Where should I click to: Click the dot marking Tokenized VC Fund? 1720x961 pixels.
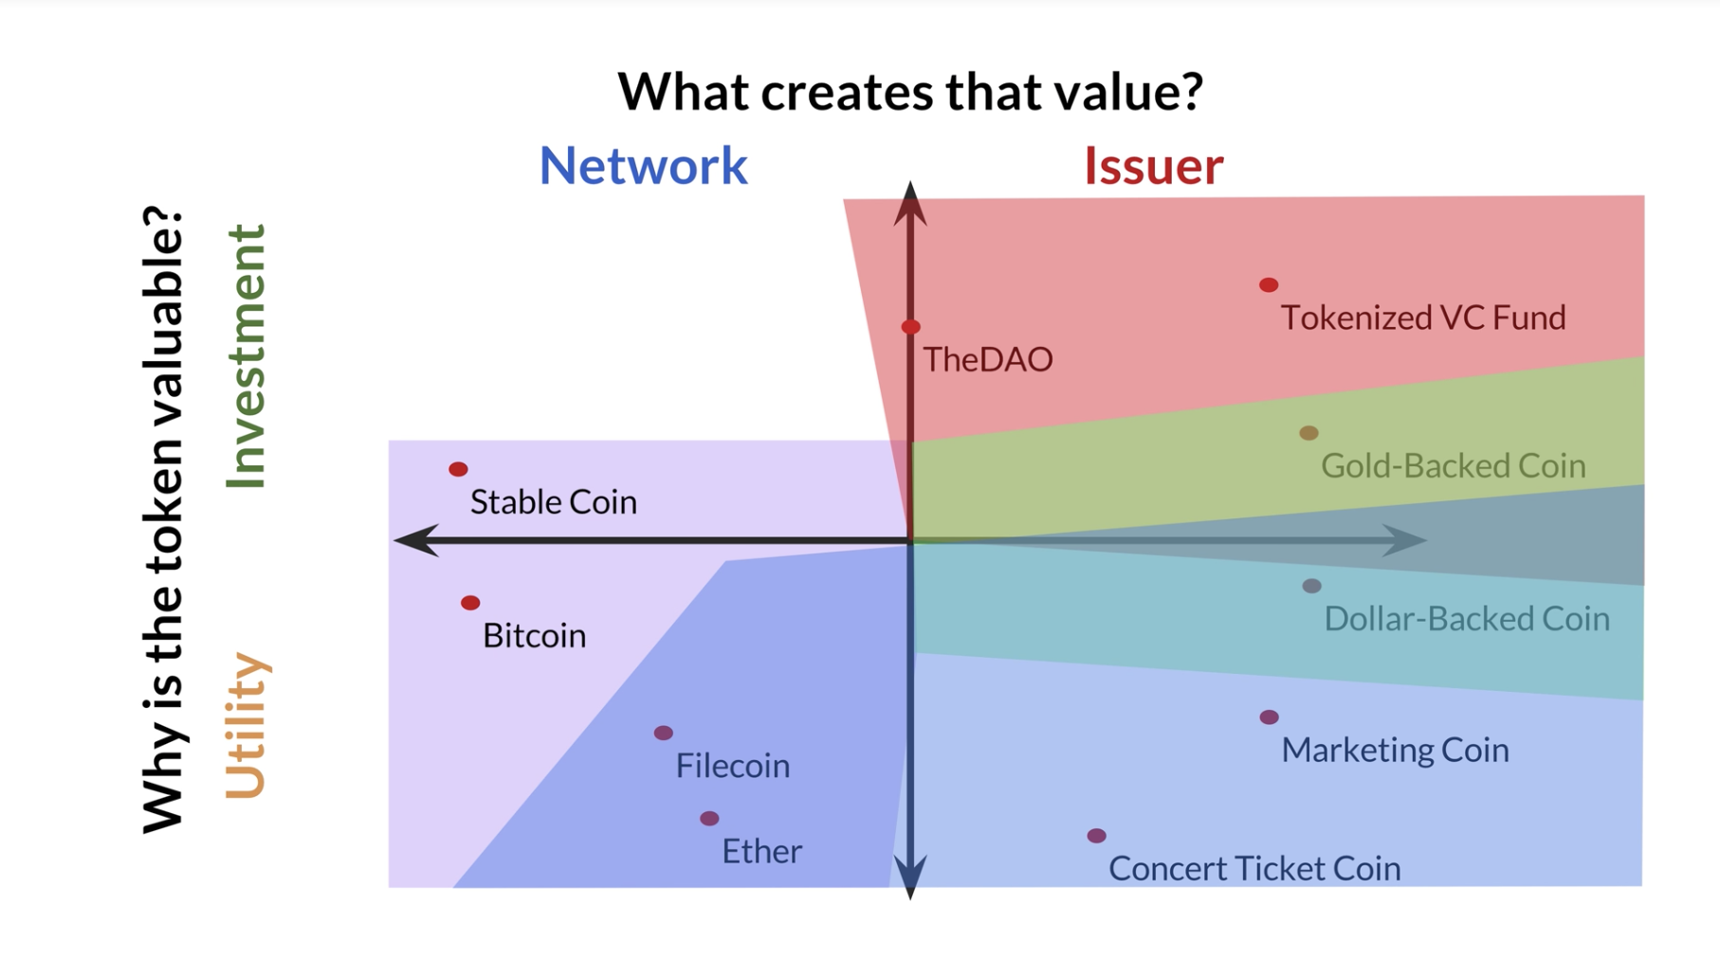[1269, 284]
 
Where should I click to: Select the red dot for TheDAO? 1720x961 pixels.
[910, 327]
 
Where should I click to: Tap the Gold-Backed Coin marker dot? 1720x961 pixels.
[1308, 433]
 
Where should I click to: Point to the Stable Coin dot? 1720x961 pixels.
[458, 469]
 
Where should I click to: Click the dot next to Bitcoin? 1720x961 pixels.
[470, 603]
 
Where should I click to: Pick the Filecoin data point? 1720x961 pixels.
[664, 733]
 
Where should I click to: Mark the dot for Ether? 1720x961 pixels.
[709, 818]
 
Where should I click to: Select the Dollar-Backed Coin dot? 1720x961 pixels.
[1311, 586]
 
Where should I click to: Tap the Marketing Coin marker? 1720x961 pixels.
[1269, 717]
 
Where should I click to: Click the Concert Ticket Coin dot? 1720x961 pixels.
[1096, 836]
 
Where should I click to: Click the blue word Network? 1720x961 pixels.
[643, 166]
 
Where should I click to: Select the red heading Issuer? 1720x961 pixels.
[1153, 166]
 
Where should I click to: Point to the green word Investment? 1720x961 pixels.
[247, 356]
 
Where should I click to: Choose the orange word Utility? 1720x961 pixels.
[247, 726]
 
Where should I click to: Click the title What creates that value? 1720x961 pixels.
[910, 91]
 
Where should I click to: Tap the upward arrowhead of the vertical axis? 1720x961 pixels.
[910, 202]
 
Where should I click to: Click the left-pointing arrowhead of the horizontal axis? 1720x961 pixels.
[415, 540]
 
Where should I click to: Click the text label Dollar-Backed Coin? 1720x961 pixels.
[1466, 619]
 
